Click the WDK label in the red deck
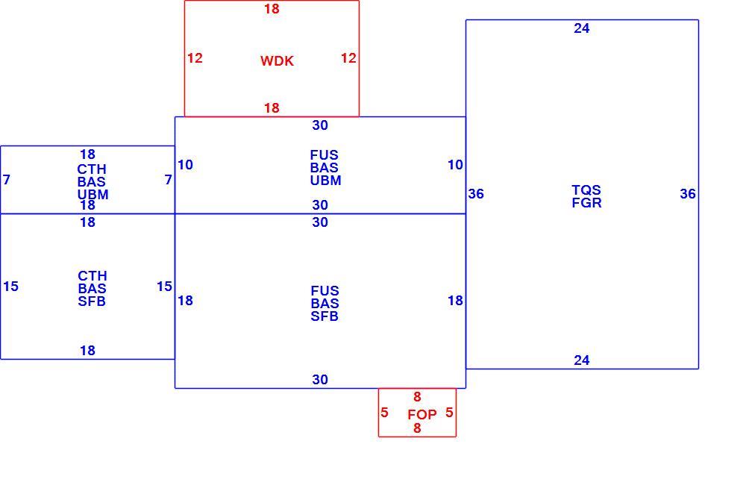277,61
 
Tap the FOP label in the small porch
422,415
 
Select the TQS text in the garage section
586,190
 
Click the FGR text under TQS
586,203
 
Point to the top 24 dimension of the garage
581,28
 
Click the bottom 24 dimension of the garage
581,360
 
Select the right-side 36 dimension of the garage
688,194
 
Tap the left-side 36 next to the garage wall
476,194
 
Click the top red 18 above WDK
272,9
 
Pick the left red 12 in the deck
195,58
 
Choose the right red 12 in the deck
348,58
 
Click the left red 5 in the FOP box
384,413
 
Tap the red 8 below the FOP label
417,428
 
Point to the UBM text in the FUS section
325,181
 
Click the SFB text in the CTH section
92,301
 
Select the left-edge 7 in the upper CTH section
6,180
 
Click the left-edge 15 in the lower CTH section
10,287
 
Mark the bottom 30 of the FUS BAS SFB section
320,380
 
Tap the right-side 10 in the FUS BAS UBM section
455,165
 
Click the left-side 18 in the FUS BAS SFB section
185,301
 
